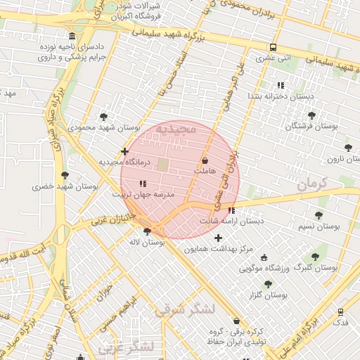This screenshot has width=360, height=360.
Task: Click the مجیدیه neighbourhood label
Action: (x=182, y=129)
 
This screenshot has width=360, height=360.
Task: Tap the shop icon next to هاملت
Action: (x=205, y=161)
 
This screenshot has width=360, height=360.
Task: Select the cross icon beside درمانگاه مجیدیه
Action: (x=124, y=151)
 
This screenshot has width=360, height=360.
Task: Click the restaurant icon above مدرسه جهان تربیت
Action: (x=143, y=184)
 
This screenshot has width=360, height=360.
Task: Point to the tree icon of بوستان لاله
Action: (x=147, y=231)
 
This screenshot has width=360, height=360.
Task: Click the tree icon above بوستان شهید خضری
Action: (x=65, y=175)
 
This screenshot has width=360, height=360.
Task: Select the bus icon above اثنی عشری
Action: (x=273, y=47)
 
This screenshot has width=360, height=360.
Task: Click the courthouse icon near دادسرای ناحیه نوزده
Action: (x=73, y=37)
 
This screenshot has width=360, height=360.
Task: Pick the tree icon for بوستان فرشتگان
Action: (x=311, y=115)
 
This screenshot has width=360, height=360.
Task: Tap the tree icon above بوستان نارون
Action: (x=348, y=148)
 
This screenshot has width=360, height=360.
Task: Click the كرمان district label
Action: (x=312, y=184)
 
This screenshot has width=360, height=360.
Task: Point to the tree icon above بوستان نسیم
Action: (x=319, y=215)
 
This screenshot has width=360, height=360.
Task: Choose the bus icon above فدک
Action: (x=341, y=311)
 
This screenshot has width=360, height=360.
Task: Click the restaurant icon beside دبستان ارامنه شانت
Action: (x=231, y=210)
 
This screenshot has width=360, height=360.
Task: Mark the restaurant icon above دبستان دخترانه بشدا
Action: (x=281, y=85)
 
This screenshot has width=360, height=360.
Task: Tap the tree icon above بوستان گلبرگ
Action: (x=314, y=257)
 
